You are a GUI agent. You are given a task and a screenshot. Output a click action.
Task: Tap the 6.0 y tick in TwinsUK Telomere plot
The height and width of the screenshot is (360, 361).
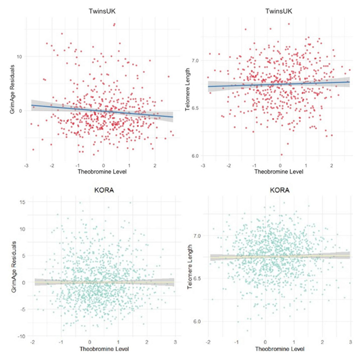195,156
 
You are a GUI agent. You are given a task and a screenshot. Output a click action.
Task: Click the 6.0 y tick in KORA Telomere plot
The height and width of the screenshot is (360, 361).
196,321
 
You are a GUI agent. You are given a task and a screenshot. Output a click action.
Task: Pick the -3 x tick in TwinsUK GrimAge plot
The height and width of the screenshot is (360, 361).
26,166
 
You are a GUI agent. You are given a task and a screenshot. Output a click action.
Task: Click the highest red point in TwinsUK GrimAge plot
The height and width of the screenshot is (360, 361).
114,24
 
